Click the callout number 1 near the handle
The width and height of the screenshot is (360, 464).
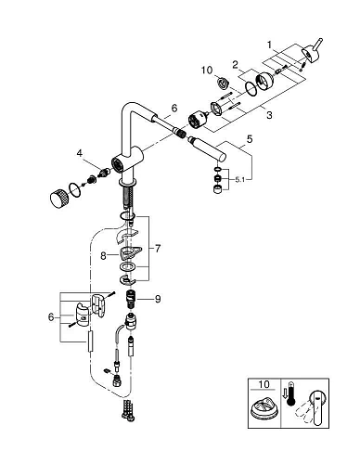(269, 45)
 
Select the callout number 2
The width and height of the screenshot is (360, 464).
(236, 65)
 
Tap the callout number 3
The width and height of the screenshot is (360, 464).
(269, 115)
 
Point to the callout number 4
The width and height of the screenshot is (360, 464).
(80, 153)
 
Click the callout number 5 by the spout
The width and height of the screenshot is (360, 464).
(250, 139)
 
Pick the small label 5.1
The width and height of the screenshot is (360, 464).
(239, 179)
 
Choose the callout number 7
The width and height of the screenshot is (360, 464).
(158, 248)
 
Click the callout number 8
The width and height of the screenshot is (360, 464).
(103, 256)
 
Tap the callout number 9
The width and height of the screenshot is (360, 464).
(158, 299)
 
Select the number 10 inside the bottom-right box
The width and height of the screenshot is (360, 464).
(264, 384)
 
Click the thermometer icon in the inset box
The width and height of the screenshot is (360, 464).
(291, 393)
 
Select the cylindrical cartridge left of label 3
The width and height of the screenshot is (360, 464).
(199, 120)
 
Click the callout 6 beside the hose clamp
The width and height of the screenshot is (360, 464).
(51, 317)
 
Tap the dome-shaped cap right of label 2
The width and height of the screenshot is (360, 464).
(264, 82)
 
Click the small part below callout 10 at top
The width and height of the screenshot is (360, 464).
(222, 84)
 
